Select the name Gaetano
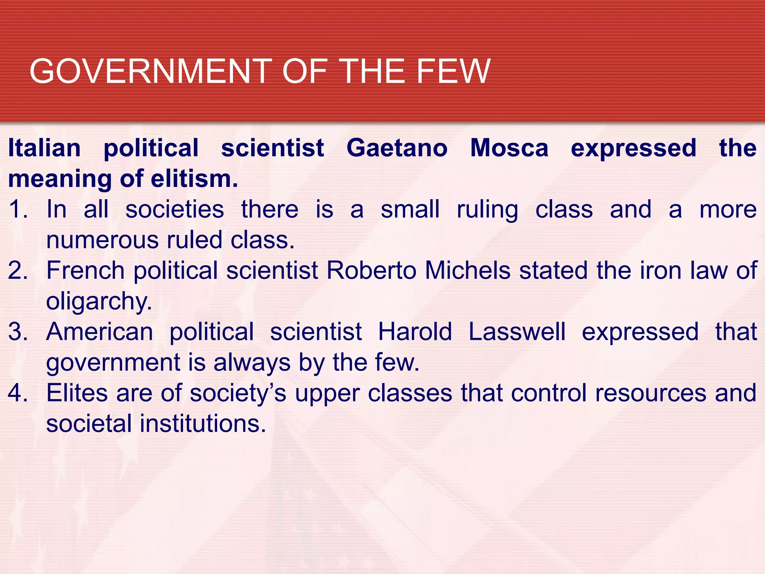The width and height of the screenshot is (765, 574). tap(397, 148)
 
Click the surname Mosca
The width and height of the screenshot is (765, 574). tap(509, 148)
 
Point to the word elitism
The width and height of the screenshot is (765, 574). tap(194, 179)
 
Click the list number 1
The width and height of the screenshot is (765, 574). tap(18, 209)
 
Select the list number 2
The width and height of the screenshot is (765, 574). tap(18, 271)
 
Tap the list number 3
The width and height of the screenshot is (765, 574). tap(18, 332)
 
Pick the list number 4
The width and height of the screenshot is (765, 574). tap(18, 393)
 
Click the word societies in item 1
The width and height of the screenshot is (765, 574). tap(174, 209)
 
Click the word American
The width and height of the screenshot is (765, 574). tap(100, 332)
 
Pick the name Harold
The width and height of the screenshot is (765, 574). tap(415, 332)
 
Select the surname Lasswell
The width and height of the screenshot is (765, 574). tap(517, 332)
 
